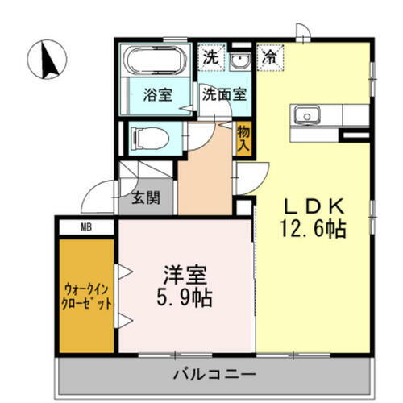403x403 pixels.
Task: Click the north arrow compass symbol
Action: (47, 58)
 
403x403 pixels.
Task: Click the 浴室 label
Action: (157, 93)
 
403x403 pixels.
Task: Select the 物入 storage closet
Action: (243, 138)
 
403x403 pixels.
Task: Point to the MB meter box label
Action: (85, 226)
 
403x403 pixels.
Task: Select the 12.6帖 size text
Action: (314, 229)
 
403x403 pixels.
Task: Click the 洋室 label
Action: (185, 272)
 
